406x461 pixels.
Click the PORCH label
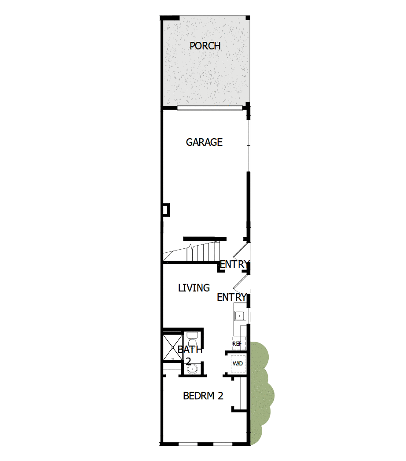205,46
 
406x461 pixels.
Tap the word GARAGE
204,142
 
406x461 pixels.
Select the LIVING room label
194,288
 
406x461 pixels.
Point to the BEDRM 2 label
203,396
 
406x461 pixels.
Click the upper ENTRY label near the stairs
234,265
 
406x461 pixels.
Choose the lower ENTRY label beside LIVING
231,298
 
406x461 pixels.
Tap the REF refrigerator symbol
237,343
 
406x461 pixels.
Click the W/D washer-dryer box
238,364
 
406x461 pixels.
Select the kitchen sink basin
240,315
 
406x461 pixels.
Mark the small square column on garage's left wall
166,210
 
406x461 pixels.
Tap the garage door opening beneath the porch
210,107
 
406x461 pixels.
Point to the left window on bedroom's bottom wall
188,444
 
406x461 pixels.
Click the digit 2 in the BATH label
188,361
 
